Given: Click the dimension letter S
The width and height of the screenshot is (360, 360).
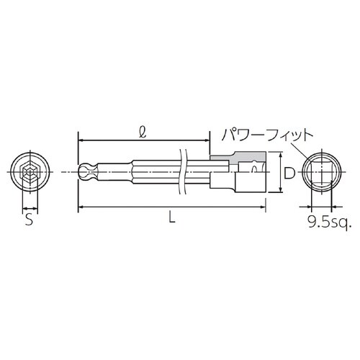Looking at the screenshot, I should coord(29,220).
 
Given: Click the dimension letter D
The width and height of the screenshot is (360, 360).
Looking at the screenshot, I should coord(288,173).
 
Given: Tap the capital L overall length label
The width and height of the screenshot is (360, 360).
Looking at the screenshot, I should coord(170,217).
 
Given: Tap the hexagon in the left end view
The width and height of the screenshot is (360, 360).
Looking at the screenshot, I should coord(29,173).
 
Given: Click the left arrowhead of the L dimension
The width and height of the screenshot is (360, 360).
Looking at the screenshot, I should coord(79,207).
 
